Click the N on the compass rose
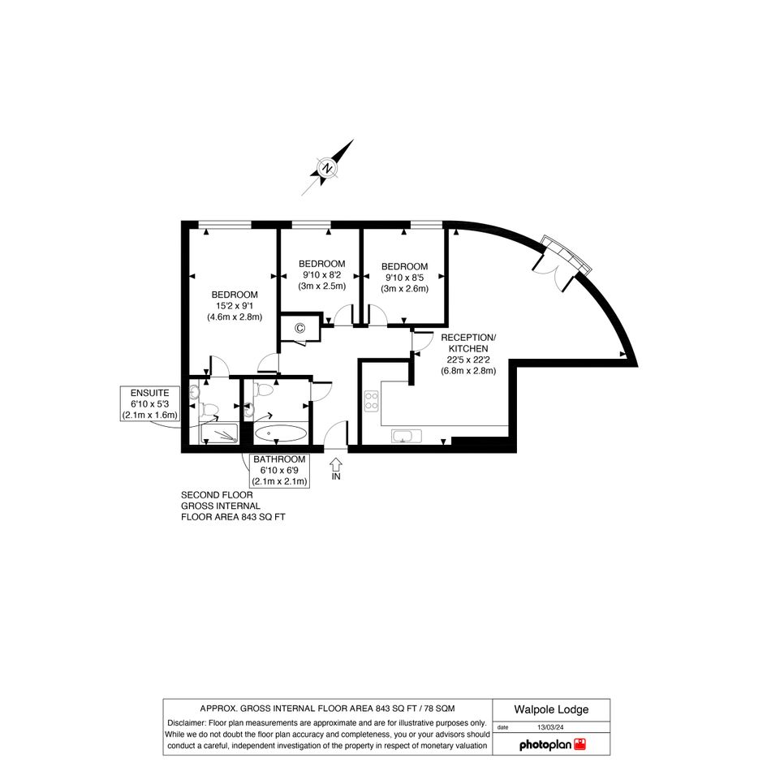coord(327,169)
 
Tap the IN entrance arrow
coord(335,464)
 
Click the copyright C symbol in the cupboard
coord(299,328)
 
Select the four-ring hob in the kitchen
coord(371,401)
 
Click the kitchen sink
coord(407,436)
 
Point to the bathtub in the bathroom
coord(281,433)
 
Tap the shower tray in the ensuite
coord(219,434)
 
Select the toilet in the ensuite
coord(211,410)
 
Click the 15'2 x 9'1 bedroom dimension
coord(235,306)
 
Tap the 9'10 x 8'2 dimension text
coord(322,275)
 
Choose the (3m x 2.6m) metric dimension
coord(404,289)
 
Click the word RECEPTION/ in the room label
coord(468,338)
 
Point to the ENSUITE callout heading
coord(149,393)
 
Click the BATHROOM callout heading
coord(279,459)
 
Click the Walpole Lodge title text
coord(551,709)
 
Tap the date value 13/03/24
coord(550,727)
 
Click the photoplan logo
coord(552,745)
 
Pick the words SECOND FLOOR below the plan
coord(217,495)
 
